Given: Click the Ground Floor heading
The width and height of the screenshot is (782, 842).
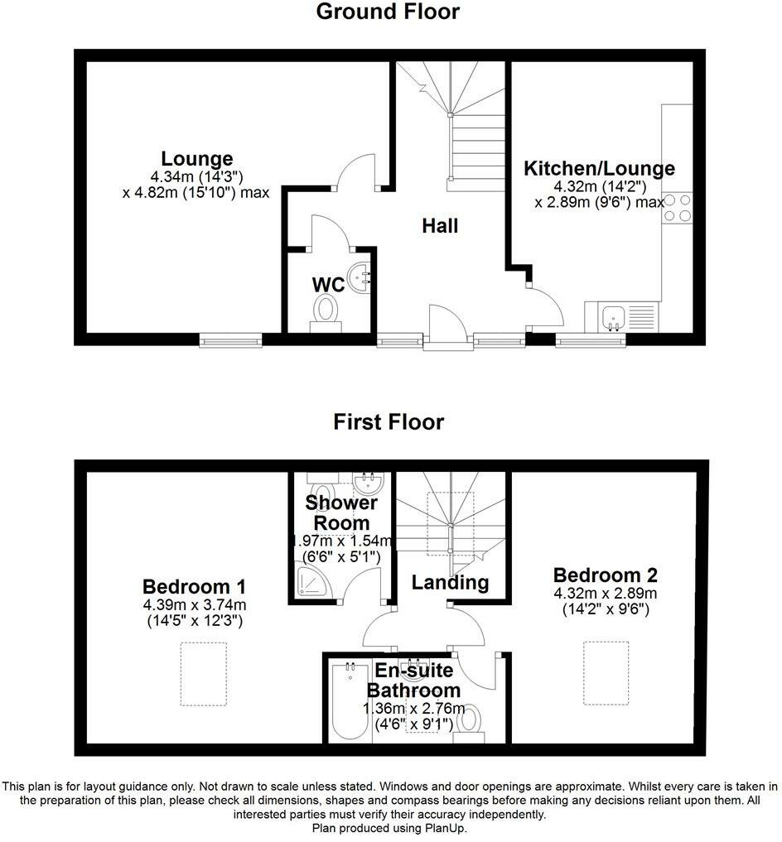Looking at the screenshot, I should (x=388, y=12).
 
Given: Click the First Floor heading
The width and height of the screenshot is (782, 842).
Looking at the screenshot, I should (x=389, y=422).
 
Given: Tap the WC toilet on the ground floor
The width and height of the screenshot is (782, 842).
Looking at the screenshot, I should (x=326, y=313).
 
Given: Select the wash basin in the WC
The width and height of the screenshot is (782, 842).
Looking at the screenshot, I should (x=360, y=277).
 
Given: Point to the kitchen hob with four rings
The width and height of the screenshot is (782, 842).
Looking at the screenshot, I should (x=677, y=207).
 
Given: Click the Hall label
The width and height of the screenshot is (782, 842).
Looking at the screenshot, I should (x=440, y=225).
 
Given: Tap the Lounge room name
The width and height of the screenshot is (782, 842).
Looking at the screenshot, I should (x=197, y=158).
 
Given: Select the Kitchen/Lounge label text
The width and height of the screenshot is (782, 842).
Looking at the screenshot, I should (x=599, y=169).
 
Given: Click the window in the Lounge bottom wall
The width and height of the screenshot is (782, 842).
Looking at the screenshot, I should (x=231, y=339).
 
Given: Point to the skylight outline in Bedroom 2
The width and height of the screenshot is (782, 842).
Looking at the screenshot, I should (x=608, y=673).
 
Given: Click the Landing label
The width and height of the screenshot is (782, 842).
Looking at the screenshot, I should (x=450, y=582).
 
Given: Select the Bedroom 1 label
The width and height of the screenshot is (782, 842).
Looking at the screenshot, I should (x=194, y=587).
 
